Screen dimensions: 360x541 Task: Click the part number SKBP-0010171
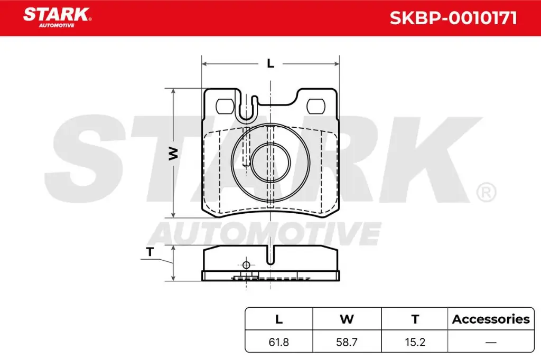tap(453, 18)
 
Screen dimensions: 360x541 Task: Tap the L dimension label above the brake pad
tap(270, 64)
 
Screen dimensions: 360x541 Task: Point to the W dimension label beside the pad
tap(173, 154)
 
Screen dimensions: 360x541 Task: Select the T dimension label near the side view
tap(150, 252)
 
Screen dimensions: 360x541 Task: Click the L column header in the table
tap(279, 319)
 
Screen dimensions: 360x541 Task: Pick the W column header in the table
tap(347, 319)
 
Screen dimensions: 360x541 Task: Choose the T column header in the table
tap(415, 319)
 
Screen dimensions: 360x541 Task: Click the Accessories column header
tap(491, 319)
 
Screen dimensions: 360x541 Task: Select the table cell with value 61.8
tap(279, 342)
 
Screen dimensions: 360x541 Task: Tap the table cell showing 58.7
tap(347, 342)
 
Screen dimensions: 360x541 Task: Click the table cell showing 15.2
tap(415, 342)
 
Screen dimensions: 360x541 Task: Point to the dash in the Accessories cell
tap(491, 342)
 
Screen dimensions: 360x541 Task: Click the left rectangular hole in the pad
tap(226, 106)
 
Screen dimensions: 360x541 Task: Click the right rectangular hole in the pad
tap(316, 106)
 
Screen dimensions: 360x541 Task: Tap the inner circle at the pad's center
tap(270, 162)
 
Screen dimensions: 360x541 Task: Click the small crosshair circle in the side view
tap(246, 265)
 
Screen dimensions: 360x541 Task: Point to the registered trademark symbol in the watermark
tap(486, 192)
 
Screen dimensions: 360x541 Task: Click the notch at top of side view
tap(270, 256)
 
